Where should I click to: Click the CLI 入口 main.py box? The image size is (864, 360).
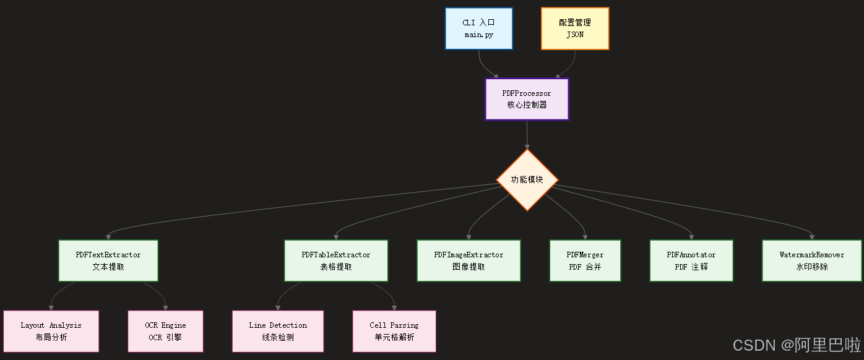point(479,28)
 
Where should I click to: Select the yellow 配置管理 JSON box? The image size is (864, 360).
point(575,28)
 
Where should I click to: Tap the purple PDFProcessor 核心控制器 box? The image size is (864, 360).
point(527,99)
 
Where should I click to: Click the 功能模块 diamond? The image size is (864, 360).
point(527,180)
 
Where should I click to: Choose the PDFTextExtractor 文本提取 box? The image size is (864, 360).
point(108,260)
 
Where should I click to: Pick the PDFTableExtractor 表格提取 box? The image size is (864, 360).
point(336,260)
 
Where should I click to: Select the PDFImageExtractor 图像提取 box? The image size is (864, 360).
point(469,260)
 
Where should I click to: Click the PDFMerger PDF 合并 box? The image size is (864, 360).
point(585,260)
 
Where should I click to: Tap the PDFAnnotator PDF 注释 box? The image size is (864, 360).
point(691,260)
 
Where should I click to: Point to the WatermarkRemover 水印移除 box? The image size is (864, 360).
point(812,260)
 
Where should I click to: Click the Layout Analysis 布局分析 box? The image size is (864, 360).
point(51,331)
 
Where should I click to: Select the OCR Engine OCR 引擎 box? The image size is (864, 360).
point(165,331)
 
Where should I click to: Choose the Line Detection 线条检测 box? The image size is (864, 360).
point(278,331)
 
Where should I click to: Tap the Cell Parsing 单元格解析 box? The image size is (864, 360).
point(394,331)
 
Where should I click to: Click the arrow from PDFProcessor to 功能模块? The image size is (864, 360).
point(527,135)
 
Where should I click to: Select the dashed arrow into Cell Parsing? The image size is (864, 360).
point(387,295)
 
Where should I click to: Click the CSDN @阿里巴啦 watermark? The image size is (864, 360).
point(797,345)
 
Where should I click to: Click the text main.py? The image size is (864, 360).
point(479,35)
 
